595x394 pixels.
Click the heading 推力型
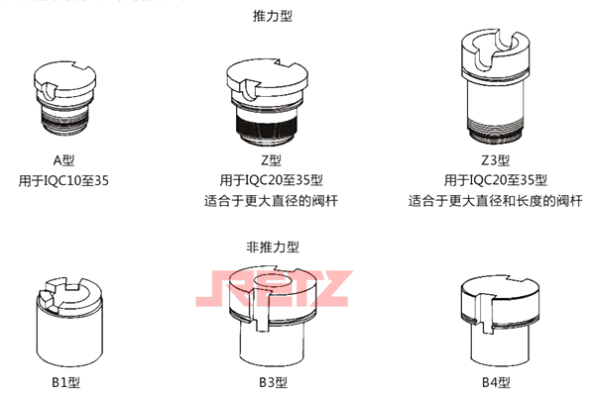[273, 16]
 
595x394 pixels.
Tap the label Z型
[272, 160]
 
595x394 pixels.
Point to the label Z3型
[491, 160]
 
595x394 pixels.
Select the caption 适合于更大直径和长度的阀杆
[491, 201]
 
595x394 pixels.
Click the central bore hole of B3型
[271, 287]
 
